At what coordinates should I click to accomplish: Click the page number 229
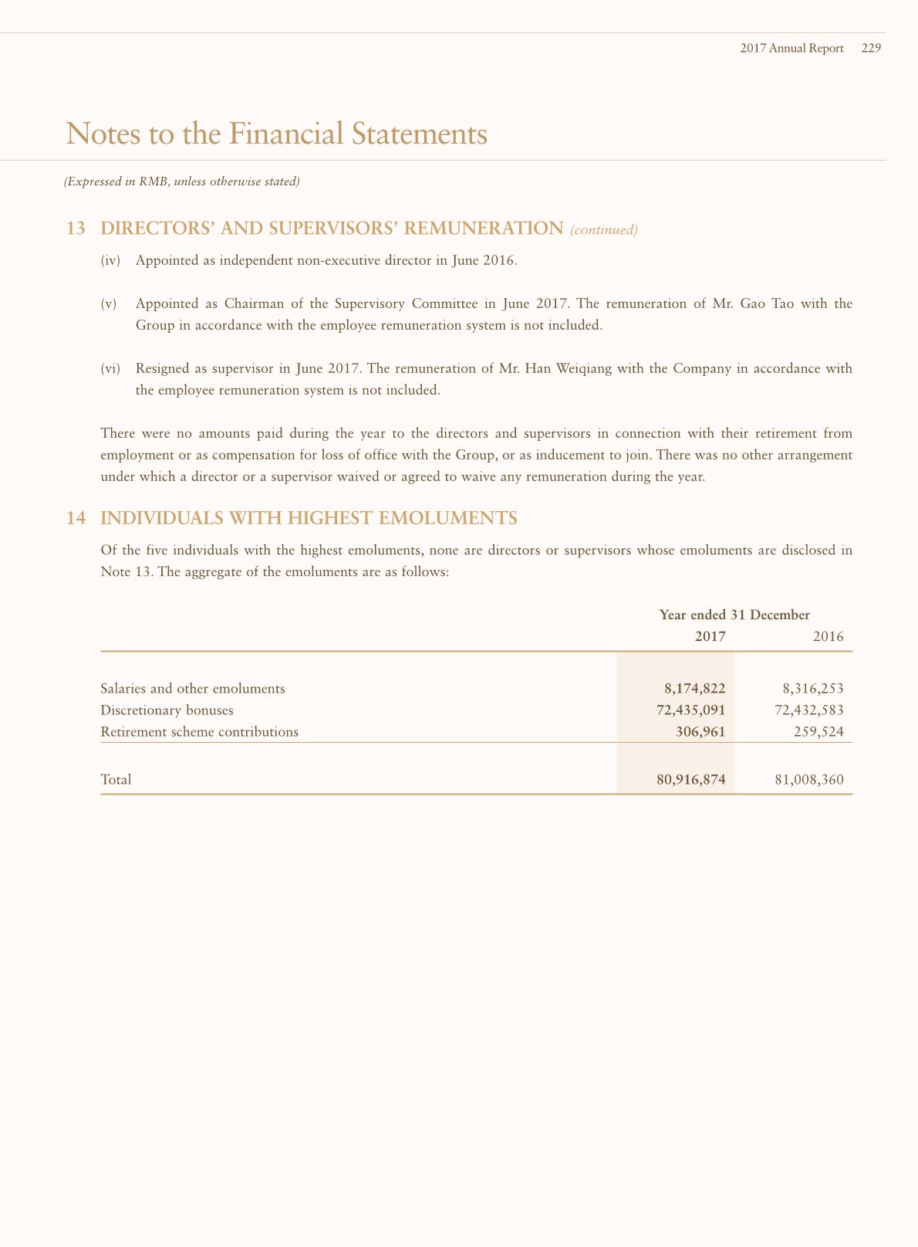click(x=871, y=48)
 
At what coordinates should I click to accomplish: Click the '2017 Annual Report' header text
click(x=791, y=48)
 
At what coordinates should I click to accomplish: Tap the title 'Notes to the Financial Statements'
click(x=277, y=134)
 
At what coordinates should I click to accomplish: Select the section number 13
click(x=76, y=229)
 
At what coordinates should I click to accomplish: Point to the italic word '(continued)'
click(x=604, y=230)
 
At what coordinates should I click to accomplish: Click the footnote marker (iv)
click(x=111, y=260)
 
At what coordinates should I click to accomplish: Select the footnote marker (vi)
click(x=111, y=368)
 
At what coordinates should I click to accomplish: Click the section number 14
click(x=76, y=518)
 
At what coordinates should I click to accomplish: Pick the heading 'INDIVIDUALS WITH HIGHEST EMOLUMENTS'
click(x=309, y=518)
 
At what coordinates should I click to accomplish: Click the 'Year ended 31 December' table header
click(x=734, y=615)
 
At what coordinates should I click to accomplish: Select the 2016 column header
click(x=829, y=637)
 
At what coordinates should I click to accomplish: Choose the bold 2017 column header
click(x=710, y=637)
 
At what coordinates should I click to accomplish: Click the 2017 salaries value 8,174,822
click(x=694, y=689)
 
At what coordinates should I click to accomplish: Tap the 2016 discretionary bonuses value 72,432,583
click(x=808, y=710)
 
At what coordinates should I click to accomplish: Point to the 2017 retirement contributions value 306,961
click(x=700, y=732)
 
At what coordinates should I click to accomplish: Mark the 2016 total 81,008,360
click(x=808, y=780)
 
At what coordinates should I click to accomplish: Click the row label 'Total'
click(x=116, y=780)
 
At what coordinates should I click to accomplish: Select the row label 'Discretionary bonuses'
click(x=167, y=710)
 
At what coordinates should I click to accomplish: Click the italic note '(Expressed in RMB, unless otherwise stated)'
click(x=181, y=182)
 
